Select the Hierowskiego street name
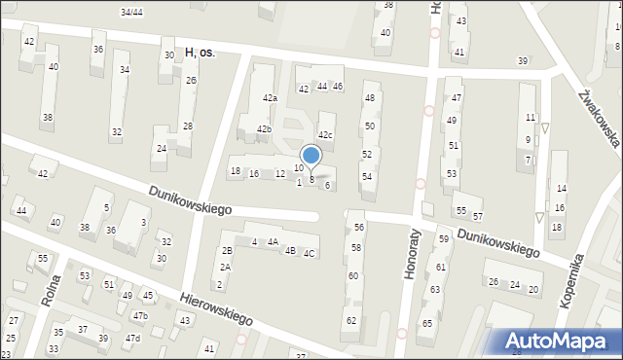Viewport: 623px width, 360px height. tap(216, 307)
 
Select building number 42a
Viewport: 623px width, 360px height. tap(270, 98)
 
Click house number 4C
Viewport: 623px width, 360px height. tap(309, 254)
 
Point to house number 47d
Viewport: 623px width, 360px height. tap(132, 338)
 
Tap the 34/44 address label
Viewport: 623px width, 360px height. tap(131, 12)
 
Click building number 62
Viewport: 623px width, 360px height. tap(351, 320)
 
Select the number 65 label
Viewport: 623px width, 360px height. tap(426, 324)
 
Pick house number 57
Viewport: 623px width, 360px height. tap(477, 216)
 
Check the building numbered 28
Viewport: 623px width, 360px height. tap(188, 126)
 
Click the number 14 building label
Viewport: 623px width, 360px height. tap(561, 188)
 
